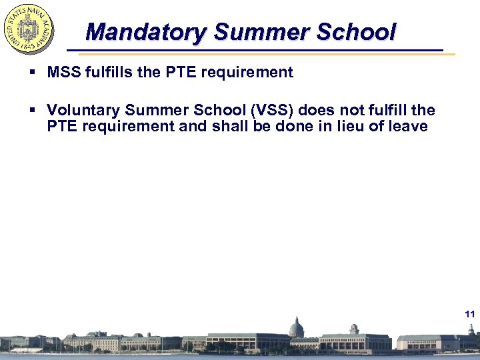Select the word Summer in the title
click(x=257, y=31)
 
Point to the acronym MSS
click(x=63, y=72)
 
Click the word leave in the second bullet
click(x=408, y=126)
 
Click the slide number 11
click(x=469, y=313)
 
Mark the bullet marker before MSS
click(x=32, y=73)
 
